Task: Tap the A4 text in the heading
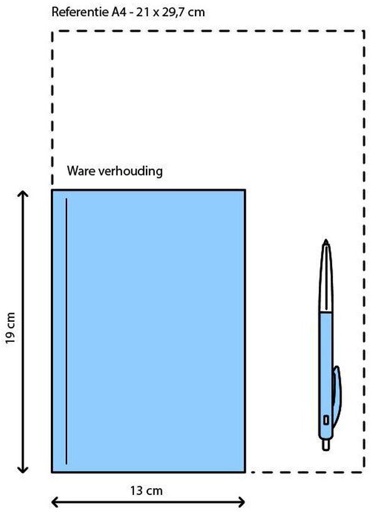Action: click(117, 12)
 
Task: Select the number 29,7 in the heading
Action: click(174, 13)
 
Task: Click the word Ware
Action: click(81, 171)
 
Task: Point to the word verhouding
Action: click(130, 171)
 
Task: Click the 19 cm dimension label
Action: click(11, 328)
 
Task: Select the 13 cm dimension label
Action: click(147, 491)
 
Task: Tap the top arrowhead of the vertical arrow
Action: click(23, 193)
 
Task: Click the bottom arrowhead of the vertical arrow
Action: click(23, 469)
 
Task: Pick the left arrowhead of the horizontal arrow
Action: click(56, 501)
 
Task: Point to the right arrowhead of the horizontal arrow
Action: click(241, 501)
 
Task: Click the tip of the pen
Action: click(326, 240)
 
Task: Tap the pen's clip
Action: click(337, 395)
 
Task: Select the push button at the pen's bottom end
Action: click(326, 445)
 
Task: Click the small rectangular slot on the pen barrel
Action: click(326, 420)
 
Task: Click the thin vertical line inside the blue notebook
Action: click(66, 331)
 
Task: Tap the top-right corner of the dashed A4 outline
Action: click(364, 31)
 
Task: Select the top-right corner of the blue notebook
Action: click(245, 189)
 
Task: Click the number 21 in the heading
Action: click(143, 13)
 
